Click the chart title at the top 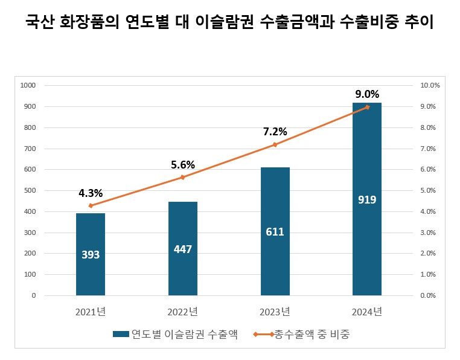(x=229, y=24)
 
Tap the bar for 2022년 (x=182, y=266)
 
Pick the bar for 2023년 (x=275, y=254)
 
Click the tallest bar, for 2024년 (x=367, y=242)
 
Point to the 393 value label (x=91, y=254)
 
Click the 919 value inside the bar (x=367, y=199)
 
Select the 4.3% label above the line (x=91, y=193)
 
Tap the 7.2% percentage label (x=275, y=132)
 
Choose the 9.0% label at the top (x=367, y=94)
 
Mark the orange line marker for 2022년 (x=182, y=177)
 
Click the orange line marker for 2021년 (x=91, y=205)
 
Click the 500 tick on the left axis (x=30, y=191)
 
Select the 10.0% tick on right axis (x=430, y=86)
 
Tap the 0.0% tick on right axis (x=428, y=295)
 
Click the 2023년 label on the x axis (x=275, y=312)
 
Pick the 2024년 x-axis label (x=367, y=312)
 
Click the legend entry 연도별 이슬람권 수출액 (x=175, y=334)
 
